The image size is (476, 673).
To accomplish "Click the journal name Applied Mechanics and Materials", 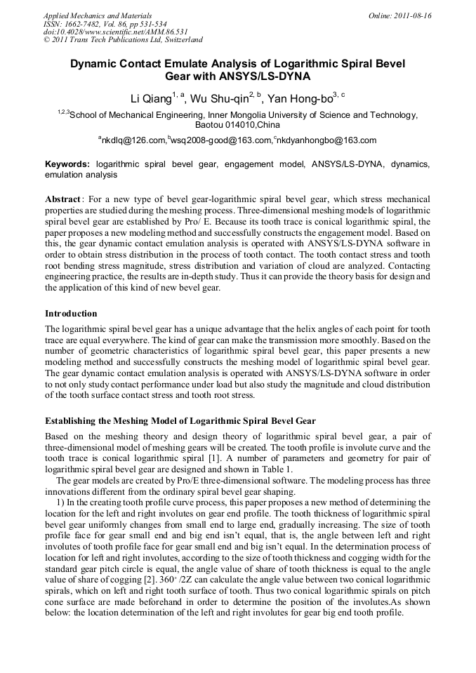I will (98, 15).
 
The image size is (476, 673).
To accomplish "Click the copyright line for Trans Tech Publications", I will (123, 40).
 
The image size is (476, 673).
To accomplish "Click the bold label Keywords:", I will (67, 164).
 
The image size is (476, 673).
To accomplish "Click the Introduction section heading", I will (71, 313).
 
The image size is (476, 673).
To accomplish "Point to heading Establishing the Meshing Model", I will (180, 421).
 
